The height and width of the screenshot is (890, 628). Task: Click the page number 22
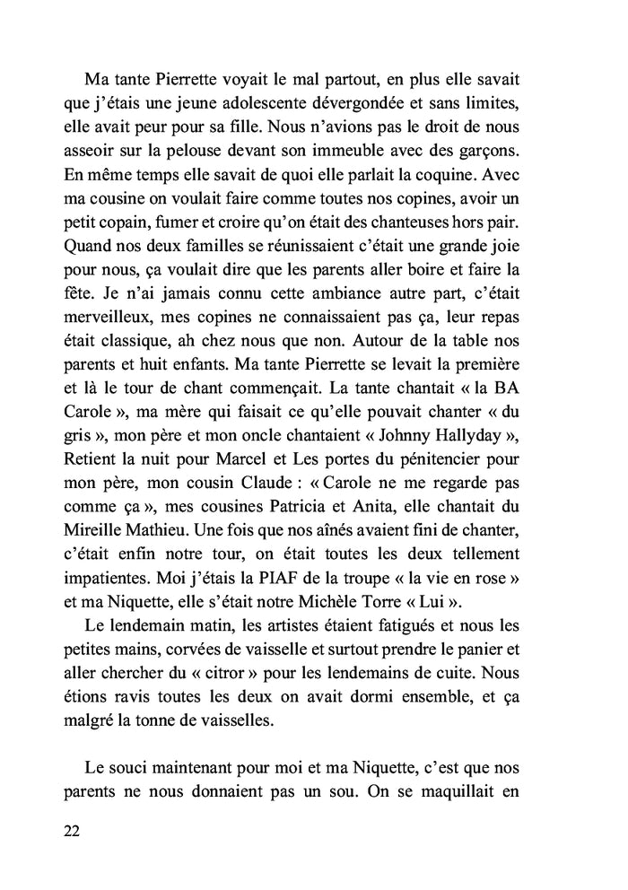pyautogui.click(x=73, y=830)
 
